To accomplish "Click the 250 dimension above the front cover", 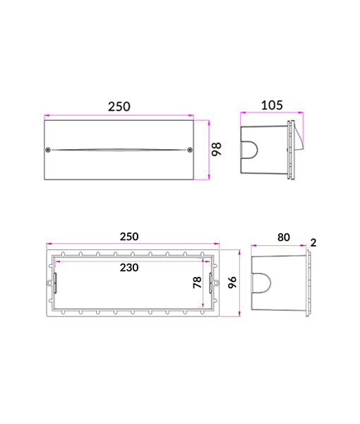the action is (119, 107).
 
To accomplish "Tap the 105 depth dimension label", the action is (272, 105).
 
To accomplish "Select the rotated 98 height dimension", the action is (216, 149).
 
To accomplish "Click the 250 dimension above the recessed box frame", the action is (129, 237).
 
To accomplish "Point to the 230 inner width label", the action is (129, 268).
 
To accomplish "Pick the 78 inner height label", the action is (197, 282).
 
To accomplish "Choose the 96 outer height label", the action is (232, 282).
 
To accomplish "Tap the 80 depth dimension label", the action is (284, 237).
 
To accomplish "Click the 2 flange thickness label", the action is (313, 242).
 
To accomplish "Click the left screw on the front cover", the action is (48, 150).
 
